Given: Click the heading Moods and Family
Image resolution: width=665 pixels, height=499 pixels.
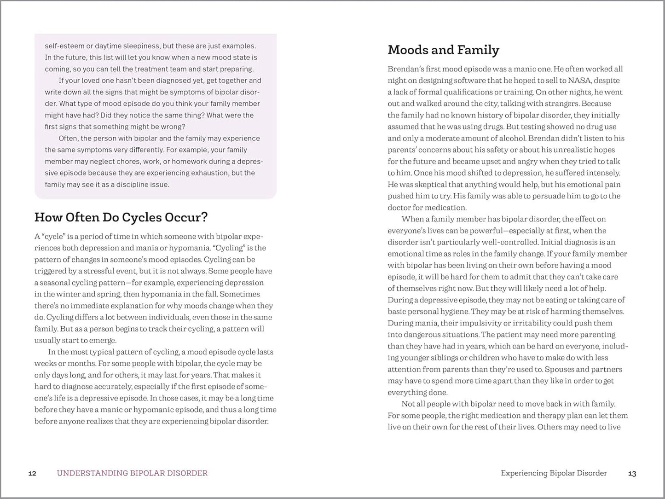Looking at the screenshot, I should pyautogui.click(x=443, y=50).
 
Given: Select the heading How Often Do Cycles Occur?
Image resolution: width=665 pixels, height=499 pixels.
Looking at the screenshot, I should pyautogui.click(x=121, y=217).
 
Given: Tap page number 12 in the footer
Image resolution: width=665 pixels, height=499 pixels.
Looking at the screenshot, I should pyautogui.click(x=32, y=473).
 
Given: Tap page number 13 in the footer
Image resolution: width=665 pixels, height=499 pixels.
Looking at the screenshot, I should pyautogui.click(x=632, y=473).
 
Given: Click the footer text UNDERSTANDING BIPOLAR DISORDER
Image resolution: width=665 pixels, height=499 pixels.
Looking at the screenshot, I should pyautogui.click(x=132, y=473).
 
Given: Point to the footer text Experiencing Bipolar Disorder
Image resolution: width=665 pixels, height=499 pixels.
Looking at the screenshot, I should pyautogui.click(x=554, y=473).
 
